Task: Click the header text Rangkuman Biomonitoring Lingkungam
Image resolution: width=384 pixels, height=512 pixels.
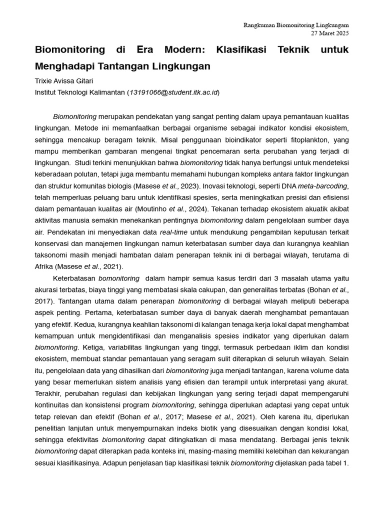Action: (296, 25)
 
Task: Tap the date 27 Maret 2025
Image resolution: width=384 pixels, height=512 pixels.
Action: (330, 33)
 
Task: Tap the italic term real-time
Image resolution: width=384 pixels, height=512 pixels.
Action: (173, 232)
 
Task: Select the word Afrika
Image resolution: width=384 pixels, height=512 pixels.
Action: (43, 266)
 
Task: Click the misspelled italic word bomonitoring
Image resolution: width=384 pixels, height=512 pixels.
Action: (118, 278)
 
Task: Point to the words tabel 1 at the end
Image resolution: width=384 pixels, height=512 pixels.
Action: (335, 463)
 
